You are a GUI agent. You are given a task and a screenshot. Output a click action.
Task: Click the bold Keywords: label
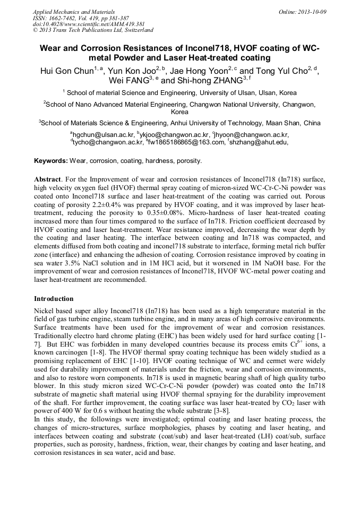pyautogui.click(x=51, y=160)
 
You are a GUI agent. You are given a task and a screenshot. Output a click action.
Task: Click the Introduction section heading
pyautogui.click(x=54, y=299)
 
